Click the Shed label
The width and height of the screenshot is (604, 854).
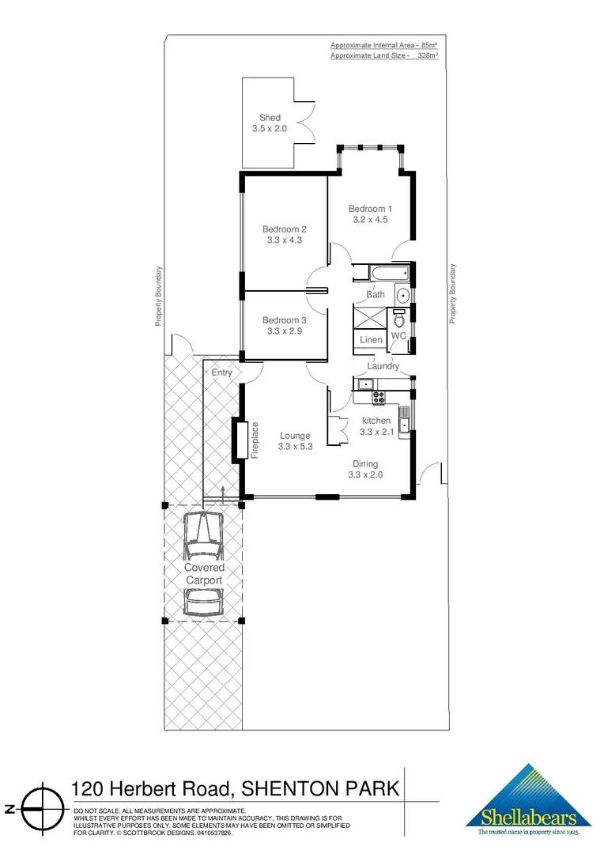point(270,118)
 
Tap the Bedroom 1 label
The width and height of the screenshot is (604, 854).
point(370,209)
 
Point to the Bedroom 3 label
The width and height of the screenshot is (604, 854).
point(284,320)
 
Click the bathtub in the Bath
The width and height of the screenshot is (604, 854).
point(380,274)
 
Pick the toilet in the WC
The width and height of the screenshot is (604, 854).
point(399,319)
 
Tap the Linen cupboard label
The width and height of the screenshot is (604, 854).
point(371,340)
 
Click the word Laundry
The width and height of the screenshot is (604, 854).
point(383,366)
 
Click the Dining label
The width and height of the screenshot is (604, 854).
point(365,464)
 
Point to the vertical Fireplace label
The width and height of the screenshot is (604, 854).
point(255,440)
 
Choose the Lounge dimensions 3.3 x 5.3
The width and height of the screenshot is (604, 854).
point(294,447)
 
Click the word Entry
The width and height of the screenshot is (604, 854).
point(221,372)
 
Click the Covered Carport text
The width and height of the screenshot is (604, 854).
point(204,574)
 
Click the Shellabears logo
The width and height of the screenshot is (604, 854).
point(529,801)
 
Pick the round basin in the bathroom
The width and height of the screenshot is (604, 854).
point(402,297)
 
